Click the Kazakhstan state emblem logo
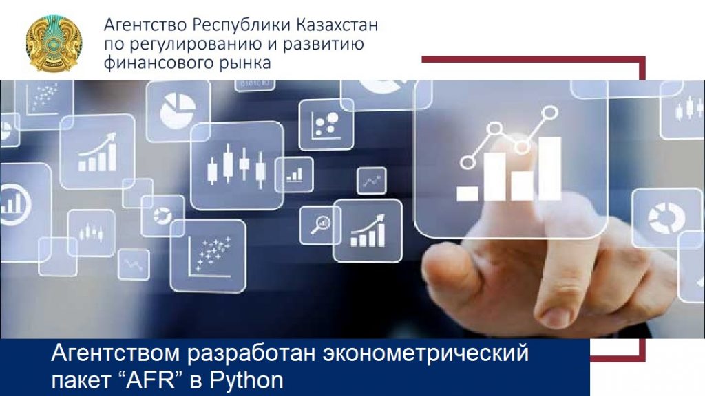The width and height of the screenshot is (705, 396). (x=54, y=43)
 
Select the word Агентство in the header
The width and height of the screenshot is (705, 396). (x=145, y=25)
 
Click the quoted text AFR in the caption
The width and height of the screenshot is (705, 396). (x=152, y=379)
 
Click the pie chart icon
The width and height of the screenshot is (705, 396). (x=178, y=111)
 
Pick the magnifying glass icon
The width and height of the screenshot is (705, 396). (x=320, y=225)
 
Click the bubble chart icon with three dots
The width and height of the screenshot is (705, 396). (x=326, y=124)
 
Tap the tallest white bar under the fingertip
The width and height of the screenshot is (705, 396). (x=550, y=168)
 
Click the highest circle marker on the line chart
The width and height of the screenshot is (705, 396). (x=550, y=112)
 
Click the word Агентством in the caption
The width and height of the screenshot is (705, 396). (x=116, y=353)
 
